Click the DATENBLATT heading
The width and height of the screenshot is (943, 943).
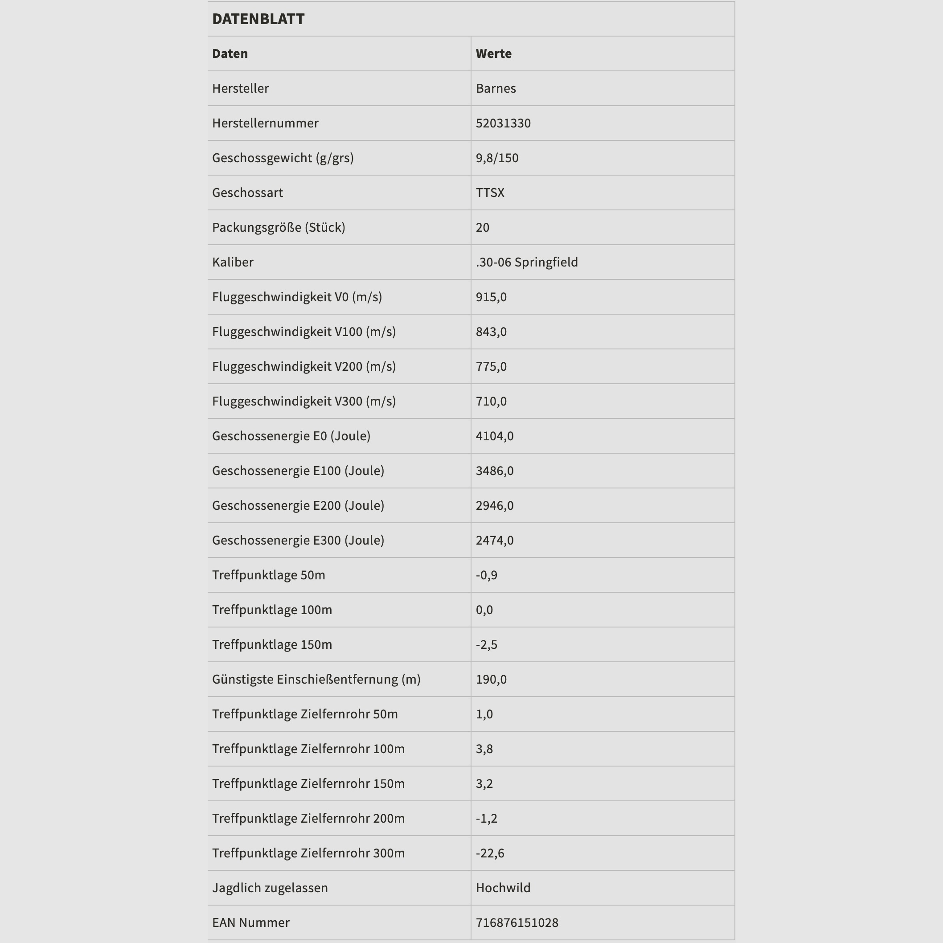[x=258, y=19]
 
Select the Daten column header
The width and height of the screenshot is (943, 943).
[x=230, y=53]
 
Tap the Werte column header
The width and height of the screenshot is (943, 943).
[x=493, y=53]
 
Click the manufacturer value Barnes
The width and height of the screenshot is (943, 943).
[x=496, y=88]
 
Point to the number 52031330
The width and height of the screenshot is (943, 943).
[x=503, y=123]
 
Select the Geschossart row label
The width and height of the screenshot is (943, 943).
[x=247, y=193]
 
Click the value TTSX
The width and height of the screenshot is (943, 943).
[x=490, y=193]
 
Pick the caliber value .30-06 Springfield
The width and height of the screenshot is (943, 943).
[x=527, y=262]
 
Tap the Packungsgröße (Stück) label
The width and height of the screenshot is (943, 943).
[x=279, y=227]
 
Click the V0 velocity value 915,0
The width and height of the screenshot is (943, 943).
[x=491, y=297]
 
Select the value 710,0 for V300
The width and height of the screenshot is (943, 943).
[x=491, y=401]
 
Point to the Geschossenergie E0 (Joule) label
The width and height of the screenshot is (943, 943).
[x=291, y=436]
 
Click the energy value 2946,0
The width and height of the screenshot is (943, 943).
[x=494, y=506]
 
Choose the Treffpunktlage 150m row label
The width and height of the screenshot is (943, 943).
[x=272, y=645]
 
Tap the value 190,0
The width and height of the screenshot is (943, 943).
[x=491, y=680]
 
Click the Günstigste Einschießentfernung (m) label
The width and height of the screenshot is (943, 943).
[x=316, y=680]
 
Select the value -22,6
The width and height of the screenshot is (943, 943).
[x=490, y=853]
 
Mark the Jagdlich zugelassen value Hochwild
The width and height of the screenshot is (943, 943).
[x=503, y=888]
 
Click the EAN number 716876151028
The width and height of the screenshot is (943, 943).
[x=517, y=922]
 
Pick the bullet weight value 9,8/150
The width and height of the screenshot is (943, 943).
[x=497, y=158]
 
